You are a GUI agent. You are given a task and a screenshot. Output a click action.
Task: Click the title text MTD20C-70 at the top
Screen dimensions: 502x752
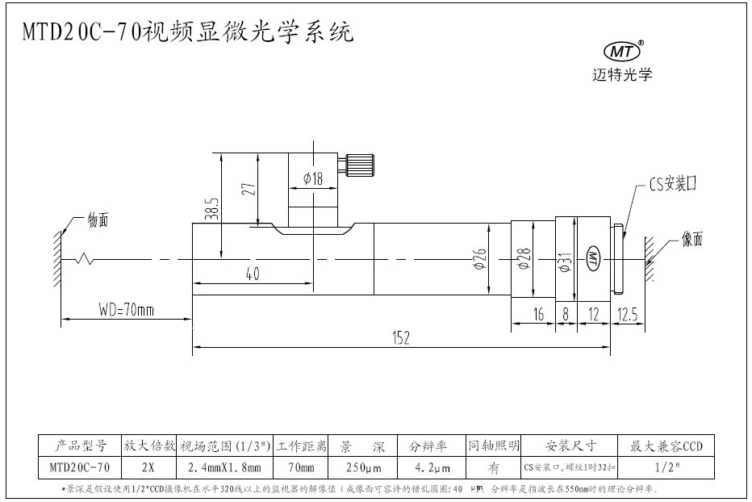[x=81, y=32]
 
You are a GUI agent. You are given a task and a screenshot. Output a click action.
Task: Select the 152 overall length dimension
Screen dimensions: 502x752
[x=400, y=340]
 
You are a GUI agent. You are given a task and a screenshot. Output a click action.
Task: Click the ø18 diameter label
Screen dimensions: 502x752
[x=312, y=179]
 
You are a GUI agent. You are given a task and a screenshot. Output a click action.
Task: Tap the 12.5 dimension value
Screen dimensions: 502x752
[x=626, y=314]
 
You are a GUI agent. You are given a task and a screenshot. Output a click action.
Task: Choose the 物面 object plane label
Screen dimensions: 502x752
[x=98, y=220]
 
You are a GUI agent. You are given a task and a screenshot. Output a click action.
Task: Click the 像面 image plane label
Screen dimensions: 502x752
[x=692, y=239]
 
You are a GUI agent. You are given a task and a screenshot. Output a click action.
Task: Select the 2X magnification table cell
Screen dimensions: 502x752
[x=148, y=466]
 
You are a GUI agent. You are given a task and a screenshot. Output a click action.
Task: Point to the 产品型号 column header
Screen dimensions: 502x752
[x=80, y=445]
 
